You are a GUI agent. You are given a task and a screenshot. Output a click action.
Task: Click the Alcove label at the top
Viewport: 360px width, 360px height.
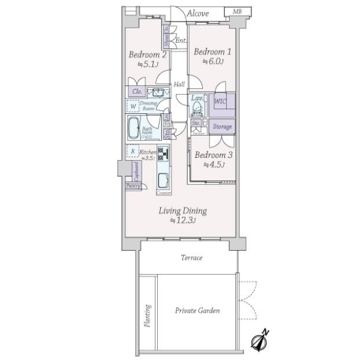pos(197,13)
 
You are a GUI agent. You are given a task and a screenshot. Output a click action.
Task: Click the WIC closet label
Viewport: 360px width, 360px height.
pos(220,102)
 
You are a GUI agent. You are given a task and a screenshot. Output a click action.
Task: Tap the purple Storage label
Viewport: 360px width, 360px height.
pos(221,127)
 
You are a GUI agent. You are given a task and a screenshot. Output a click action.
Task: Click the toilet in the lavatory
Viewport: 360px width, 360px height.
pos(196,109)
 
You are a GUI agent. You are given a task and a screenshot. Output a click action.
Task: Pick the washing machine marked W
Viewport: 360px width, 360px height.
pos(133,106)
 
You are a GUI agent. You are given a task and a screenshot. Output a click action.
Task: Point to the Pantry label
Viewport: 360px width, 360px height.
pos(133,187)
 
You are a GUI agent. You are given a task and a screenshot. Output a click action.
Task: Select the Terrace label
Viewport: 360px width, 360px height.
pos(192,257)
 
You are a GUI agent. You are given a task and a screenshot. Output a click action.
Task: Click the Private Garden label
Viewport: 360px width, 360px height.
pos(197,310)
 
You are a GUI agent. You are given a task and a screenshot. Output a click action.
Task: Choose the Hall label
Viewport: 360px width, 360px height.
pos(179,85)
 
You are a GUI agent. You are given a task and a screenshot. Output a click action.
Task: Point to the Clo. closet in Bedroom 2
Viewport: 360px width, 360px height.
pos(137,92)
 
